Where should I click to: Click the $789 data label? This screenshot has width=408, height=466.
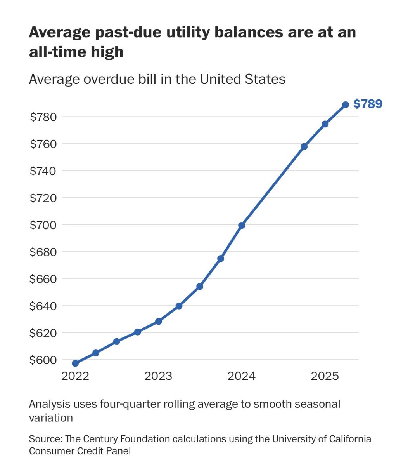click(x=368, y=104)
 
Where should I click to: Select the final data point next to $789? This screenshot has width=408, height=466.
click(x=346, y=104)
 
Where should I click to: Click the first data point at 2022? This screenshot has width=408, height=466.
click(x=75, y=363)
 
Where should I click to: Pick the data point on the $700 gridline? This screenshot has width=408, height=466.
click(x=242, y=225)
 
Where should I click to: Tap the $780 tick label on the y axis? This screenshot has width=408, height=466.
click(x=43, y=116)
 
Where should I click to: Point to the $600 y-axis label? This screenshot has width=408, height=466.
click(x=43, y=360)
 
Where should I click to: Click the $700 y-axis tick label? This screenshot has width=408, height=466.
click(x=43, y=225)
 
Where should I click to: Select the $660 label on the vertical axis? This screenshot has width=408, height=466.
click(x=43, y=279)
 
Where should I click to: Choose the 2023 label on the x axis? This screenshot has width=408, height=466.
click(x=158, y=376)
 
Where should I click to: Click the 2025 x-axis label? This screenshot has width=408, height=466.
click(x=325, y=376)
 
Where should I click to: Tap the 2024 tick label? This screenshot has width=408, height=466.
click(x=242, y=376)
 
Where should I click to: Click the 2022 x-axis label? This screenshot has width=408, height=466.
click(x=75, y=376)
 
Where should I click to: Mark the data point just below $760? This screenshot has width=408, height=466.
click(x=304, y=146)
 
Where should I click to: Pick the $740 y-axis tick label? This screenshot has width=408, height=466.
click(x=43, y=171)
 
